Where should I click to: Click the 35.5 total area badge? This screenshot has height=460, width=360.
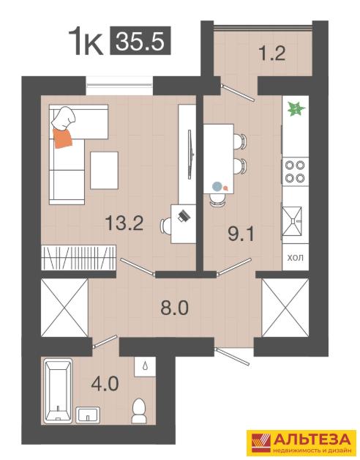point(140,40)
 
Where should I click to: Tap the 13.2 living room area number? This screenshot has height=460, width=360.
point(124,223)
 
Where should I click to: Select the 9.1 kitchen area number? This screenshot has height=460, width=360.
point(241,234)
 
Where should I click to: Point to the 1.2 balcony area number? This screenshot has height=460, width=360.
point(272,53)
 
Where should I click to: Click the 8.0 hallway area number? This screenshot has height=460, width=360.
point(174,308)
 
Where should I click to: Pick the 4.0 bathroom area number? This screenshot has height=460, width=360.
point(105,384)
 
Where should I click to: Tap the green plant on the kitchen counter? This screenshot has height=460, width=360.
point(296,109)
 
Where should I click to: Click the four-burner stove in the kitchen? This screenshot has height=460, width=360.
point(295,172)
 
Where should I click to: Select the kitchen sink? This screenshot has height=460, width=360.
point(292,221)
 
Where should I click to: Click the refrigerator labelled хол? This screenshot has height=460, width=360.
point(295,257)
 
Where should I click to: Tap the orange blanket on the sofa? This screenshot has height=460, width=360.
point(62,138)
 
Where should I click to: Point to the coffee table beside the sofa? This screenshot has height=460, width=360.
point(104,171)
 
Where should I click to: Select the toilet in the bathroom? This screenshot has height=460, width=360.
point(139,410)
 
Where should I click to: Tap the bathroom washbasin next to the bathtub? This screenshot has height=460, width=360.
point(88,415)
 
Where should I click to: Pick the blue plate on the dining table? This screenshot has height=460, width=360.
point(217,186)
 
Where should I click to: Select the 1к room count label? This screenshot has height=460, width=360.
point(86,41)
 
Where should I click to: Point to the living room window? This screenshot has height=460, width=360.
point(120,86)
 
